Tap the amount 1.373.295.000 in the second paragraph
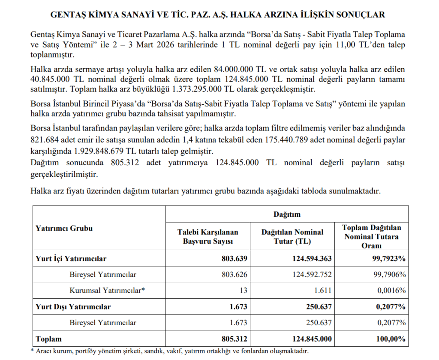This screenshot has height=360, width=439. click(199, 89)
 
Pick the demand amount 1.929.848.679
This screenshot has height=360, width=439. click(100, 151)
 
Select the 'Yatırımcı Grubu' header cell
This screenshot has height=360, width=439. click(63, 228)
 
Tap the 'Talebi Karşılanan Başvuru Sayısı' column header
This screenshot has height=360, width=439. click(207, 236)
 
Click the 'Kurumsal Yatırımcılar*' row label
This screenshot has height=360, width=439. click(107, 290)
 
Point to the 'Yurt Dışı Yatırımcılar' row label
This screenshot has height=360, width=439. click(73, 306)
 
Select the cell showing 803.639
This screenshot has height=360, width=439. click(232, 259)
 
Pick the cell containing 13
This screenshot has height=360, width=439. click(243, 290)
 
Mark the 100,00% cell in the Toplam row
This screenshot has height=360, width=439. click(391, 339)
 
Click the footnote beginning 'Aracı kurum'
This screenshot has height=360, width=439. click(171, 351)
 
